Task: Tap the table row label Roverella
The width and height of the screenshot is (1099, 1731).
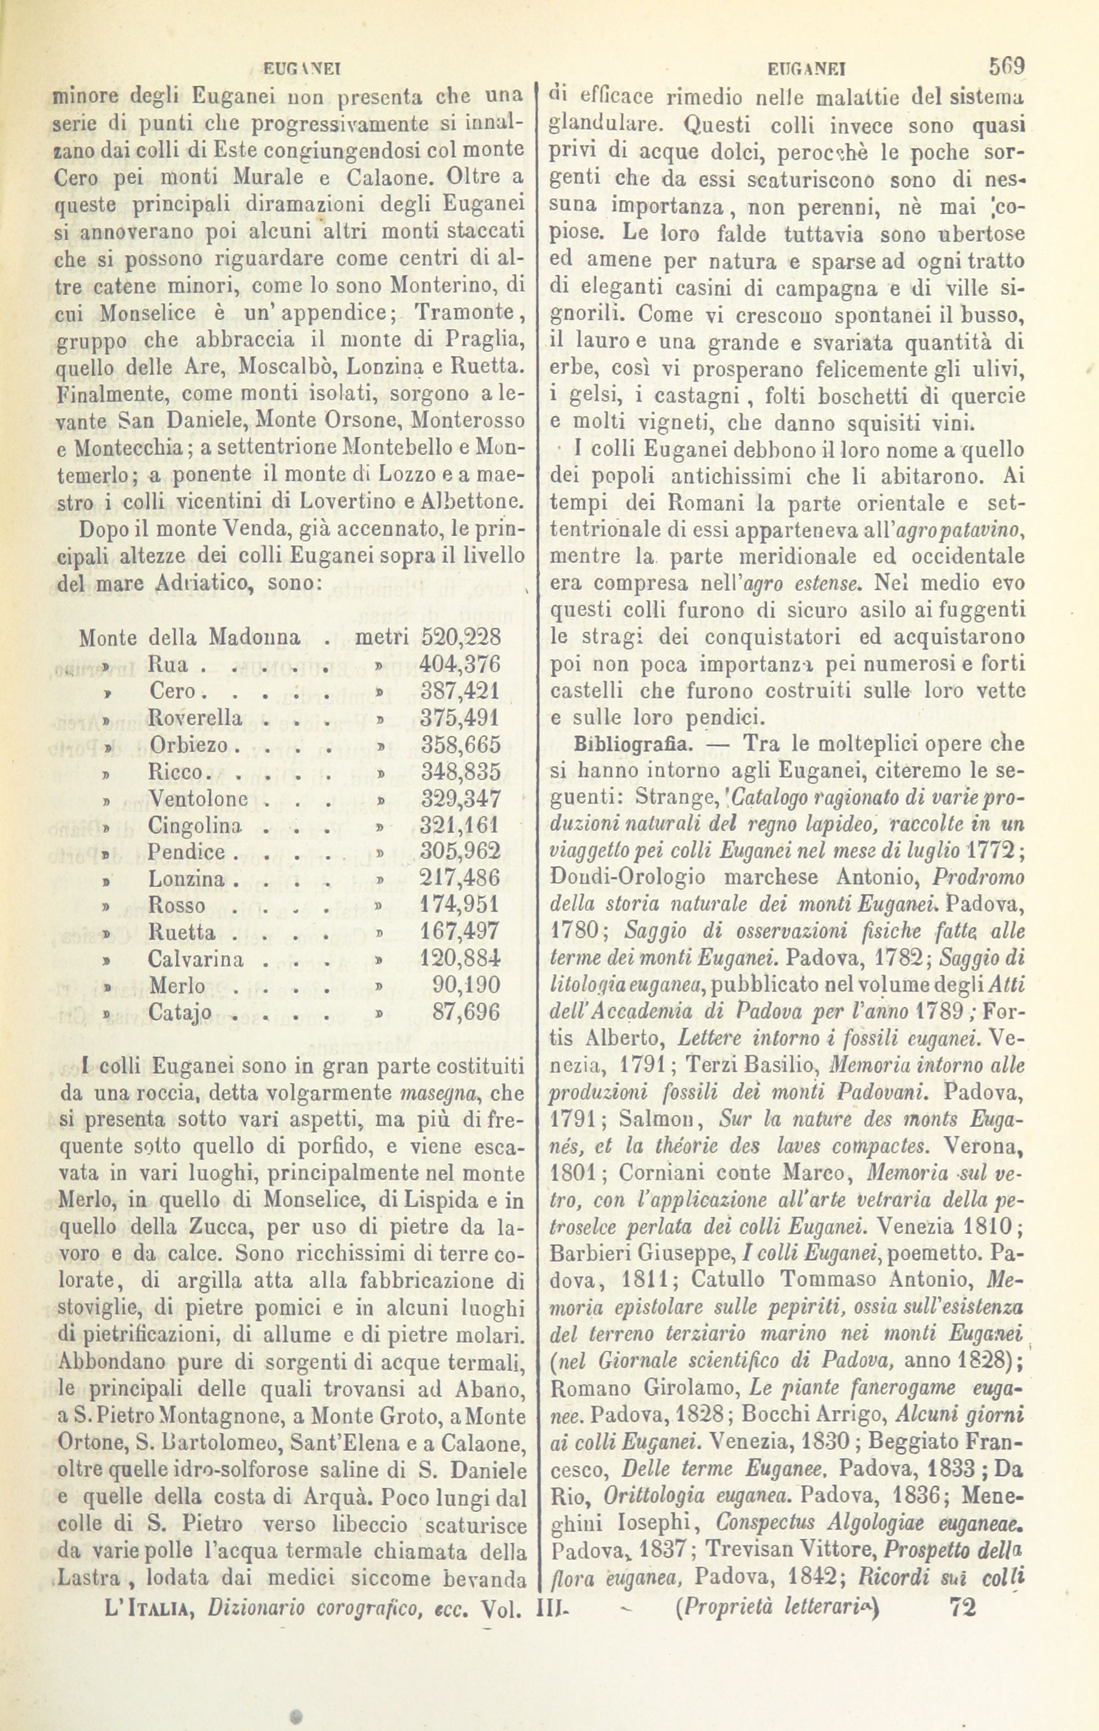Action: tap(195, 717)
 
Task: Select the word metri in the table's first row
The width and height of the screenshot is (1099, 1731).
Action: tap(382, 637)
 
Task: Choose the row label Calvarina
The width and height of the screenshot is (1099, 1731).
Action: tap(195, 959)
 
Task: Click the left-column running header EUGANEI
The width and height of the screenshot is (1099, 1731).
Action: tap(302, 70)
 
